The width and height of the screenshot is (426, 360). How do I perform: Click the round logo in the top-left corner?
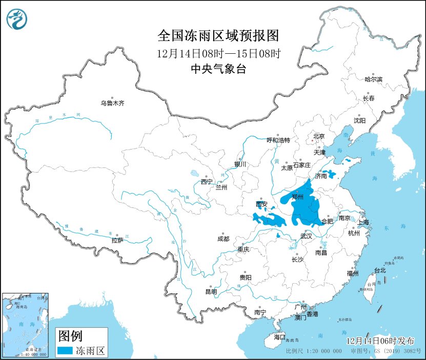click(17, 19)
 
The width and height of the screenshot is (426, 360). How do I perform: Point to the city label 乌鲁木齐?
click(112, 103)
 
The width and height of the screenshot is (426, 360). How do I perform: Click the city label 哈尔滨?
click(373, 79)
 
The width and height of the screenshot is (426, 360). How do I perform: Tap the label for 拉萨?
click(117, 240)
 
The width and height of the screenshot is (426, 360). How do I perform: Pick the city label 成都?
click(224, 239)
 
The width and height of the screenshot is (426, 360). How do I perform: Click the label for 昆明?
click(211, 291)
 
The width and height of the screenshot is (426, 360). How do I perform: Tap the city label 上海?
click(363, 222)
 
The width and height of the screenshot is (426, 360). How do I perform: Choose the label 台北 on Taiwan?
click(380, 270)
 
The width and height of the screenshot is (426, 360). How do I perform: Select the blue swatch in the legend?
click(65, 351)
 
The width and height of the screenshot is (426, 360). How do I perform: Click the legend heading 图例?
click(69, 336)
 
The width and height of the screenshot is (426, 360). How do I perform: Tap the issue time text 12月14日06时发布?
click(380, 341)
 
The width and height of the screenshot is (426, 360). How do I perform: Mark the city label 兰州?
click(221, 187)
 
